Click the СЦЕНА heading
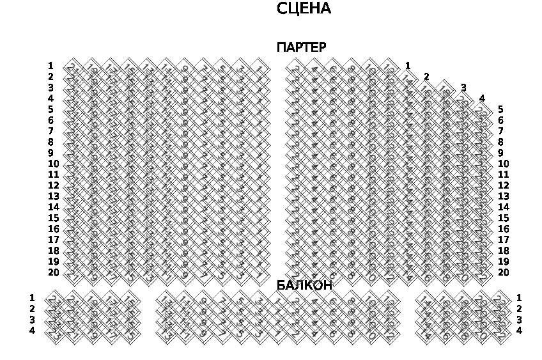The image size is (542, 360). click(x=304, y=9)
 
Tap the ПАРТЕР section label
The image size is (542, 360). click(x=301, y=47)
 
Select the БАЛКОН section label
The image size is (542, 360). click(x=304, y=285)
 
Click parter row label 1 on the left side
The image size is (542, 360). click(x=50, y=66)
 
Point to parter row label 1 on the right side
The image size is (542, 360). click(x=408, y=66)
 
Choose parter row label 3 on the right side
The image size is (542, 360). click(x=463, y=88)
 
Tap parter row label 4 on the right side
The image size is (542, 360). click(x=482, y=98)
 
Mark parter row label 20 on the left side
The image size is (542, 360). click(x=53, y=272)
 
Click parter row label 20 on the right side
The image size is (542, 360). click(x=503, y=272)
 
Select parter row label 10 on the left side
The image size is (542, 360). click(x=53, y=164)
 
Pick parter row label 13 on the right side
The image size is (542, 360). click(x=503, y=196)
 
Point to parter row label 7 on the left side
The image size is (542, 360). click(x=50, y=131)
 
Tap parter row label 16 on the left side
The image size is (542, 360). click(x=53, y=229)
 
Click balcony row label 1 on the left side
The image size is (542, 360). click(x=32, y=298)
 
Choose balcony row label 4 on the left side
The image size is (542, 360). click(x=32, y=331)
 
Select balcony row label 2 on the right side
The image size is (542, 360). click(x=519, y=309)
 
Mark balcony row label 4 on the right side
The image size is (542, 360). click(x=519, y=331)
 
